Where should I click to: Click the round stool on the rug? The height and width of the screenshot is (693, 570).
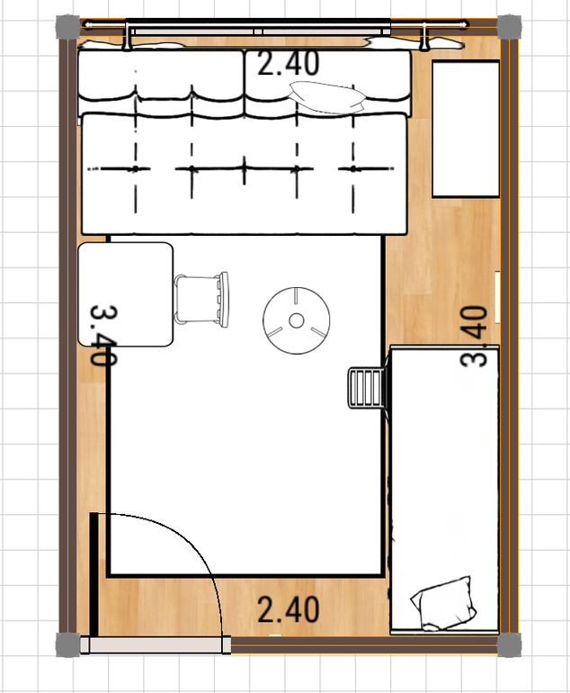click(297, 320)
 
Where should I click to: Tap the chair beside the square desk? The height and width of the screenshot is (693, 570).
click(201, 300)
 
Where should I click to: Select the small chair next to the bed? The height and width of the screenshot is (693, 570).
click(366, 388)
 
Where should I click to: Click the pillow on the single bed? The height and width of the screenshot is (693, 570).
click(443, 603)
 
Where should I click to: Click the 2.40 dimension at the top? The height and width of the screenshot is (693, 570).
click(288, 63)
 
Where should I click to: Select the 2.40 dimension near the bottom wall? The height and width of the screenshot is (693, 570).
click(288, 609)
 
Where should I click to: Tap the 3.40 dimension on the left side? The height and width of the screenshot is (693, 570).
click(103, 335)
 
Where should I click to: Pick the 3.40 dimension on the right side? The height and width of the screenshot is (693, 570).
click(474, 336)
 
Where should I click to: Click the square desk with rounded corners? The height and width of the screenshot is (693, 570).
click(125, 294)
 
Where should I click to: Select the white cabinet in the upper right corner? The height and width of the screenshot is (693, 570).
click(466, 129)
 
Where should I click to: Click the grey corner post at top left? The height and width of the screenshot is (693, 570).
click(68, 26)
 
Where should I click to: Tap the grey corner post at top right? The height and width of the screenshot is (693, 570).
click(509, 26)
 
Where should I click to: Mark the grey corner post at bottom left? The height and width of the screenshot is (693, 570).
click(68, 644)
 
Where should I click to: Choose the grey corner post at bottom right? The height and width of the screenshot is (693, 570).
click(509, 644)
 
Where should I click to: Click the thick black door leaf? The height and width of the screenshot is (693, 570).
click(94, 574)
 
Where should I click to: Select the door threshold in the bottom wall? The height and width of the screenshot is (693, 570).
click(156, 644)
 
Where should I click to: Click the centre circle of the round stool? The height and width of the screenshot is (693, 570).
click(297, 320)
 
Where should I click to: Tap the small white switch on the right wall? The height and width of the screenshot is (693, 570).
click(497, 297)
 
